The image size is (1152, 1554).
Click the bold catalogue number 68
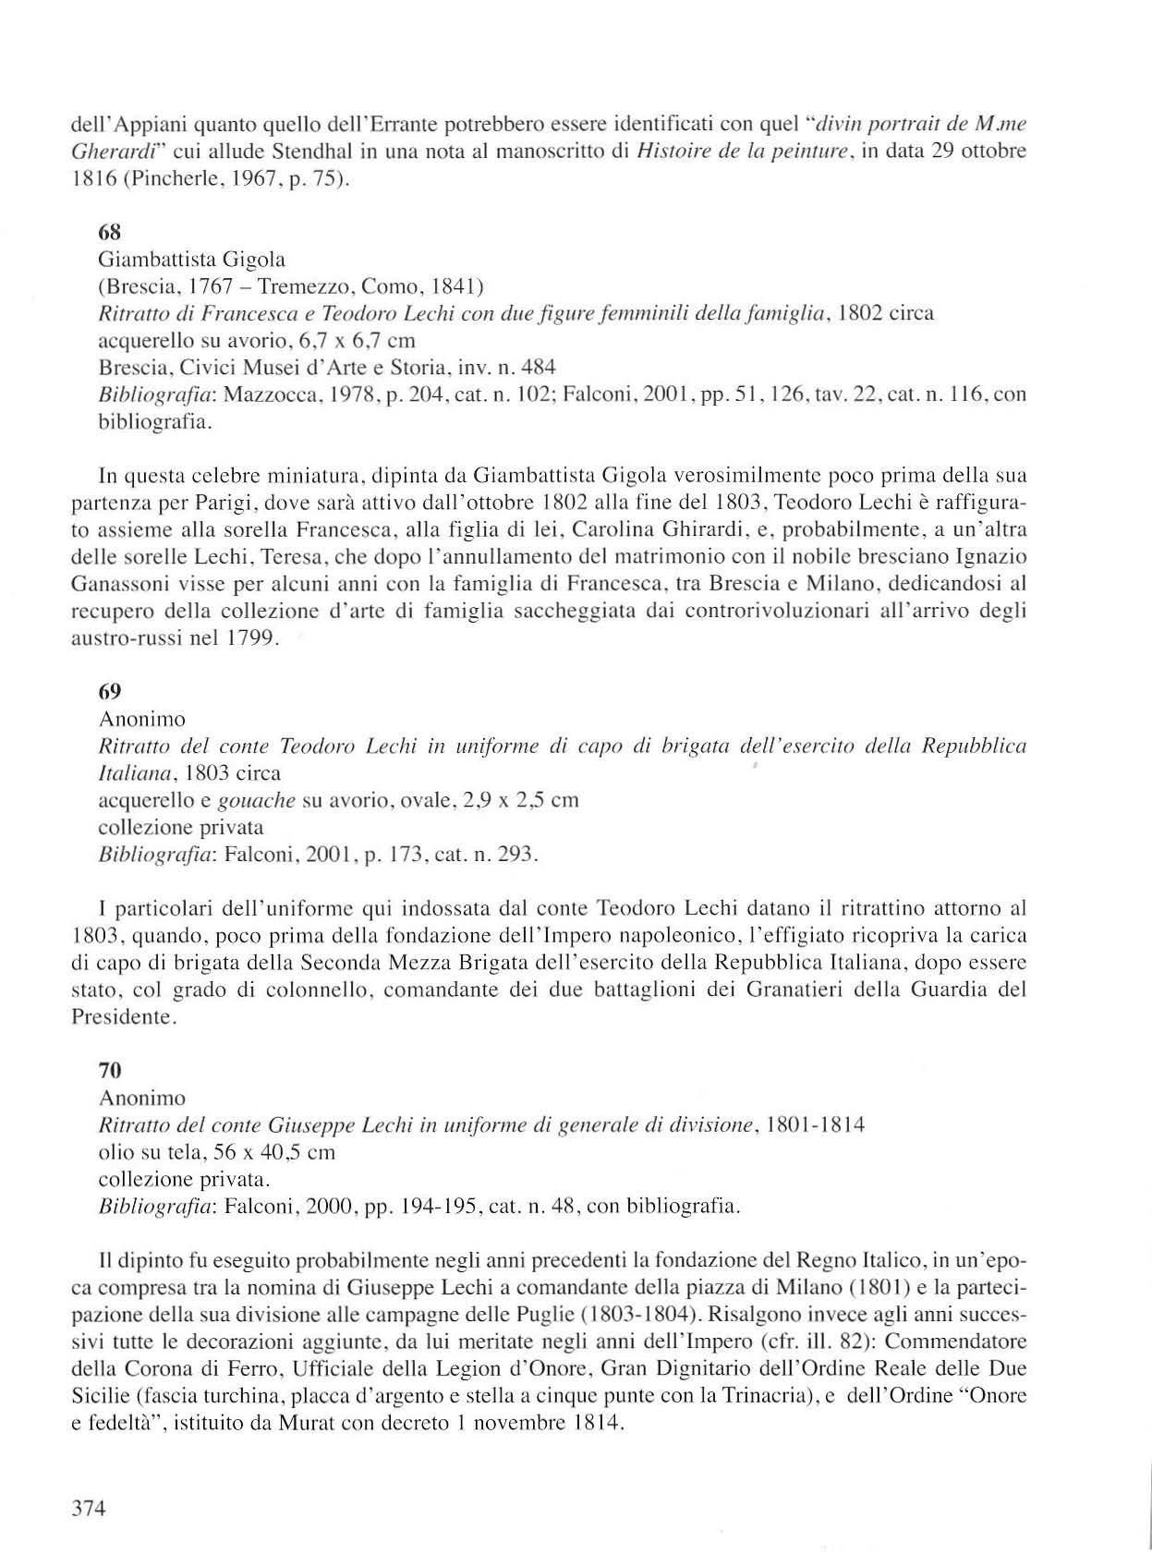point(109,234)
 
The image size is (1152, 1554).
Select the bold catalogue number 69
point(109,691)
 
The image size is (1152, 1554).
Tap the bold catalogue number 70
point(110,1071)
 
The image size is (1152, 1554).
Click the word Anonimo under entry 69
point(141,719)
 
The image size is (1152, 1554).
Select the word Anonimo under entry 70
point(141,1099)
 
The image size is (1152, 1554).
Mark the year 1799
point(248,638)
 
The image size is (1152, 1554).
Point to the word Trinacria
point(765,1396)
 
